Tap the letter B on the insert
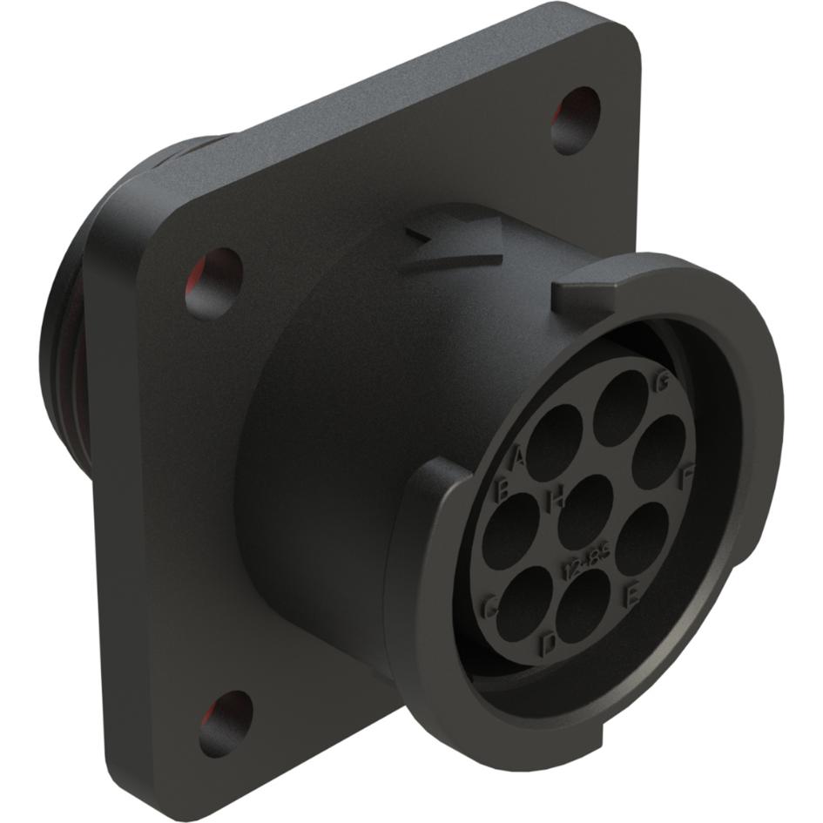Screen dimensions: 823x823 (x=503, y=490)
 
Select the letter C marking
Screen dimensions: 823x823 (x=490, y=607)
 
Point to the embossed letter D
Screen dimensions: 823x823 (x=549, y=644)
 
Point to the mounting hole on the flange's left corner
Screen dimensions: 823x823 (x=213, y=281)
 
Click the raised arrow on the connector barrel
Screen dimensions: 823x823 (x=457, y=246)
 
